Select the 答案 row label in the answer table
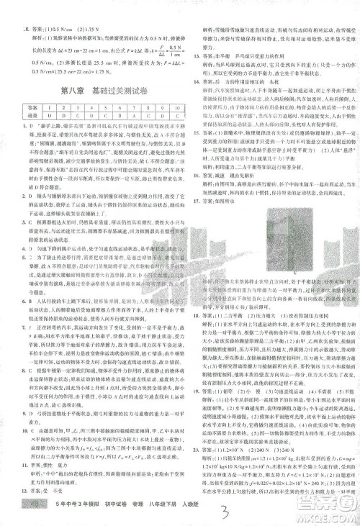click(31, 113)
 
